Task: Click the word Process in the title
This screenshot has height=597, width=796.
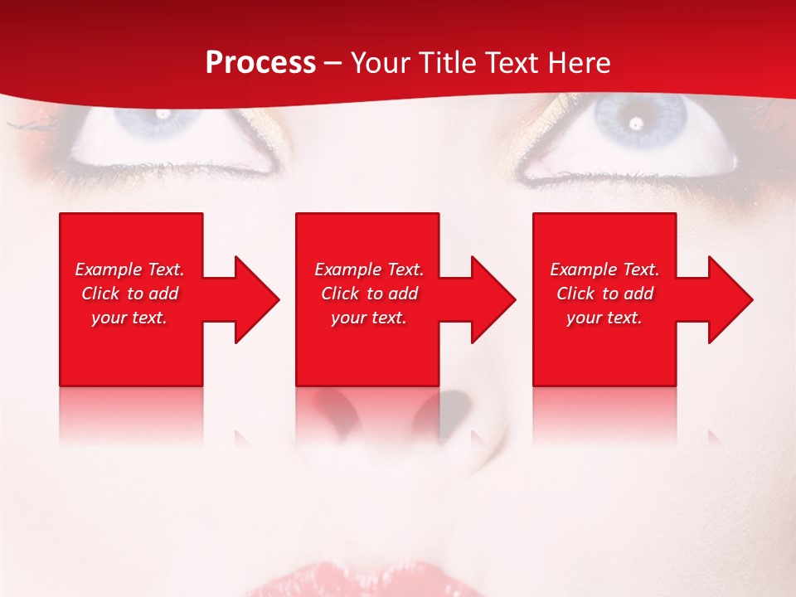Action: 260,63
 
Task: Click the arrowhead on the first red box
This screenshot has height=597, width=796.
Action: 254,299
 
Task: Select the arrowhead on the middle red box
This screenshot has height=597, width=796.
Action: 491,299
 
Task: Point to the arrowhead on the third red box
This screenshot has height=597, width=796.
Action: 728,299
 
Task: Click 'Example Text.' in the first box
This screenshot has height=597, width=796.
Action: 129,269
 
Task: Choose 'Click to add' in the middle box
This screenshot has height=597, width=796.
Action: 369,294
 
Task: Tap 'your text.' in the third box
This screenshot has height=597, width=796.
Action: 604,318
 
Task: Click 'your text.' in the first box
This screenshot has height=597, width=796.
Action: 129,318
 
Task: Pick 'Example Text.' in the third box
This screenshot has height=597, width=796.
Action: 604,269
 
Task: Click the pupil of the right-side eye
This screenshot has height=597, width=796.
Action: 636,124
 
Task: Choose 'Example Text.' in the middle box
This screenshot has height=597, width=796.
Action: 369,269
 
